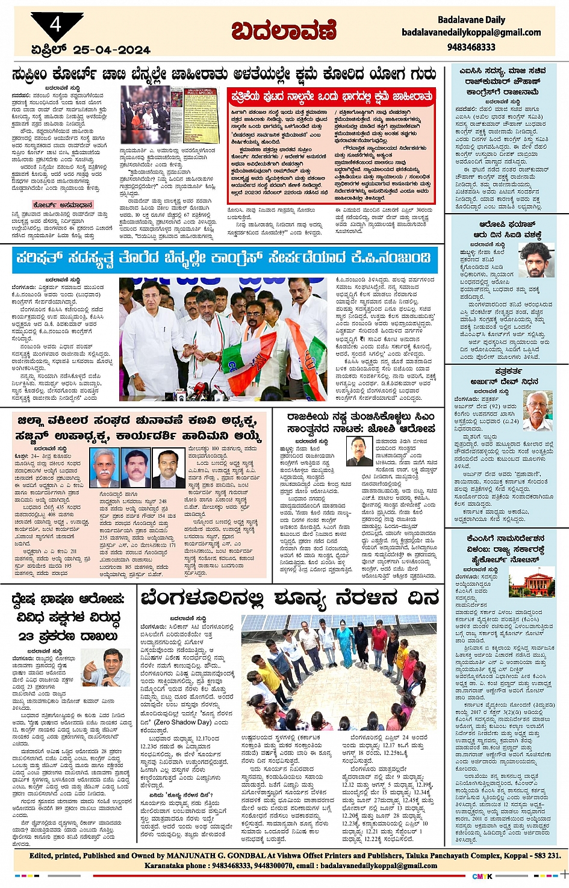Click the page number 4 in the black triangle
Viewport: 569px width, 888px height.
(56, 24)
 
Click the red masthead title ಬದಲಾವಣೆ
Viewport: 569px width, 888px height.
(284, 31)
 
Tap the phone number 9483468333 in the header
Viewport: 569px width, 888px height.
(471, 46)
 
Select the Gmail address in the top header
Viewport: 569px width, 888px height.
(471, 33)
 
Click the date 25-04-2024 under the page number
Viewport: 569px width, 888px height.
(111, 50)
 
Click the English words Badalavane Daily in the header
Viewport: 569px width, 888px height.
(471, 20)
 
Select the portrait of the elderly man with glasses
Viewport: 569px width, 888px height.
(537, 411)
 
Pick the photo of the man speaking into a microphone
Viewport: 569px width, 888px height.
(105, 668)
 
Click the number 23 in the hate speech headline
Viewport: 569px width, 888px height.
(25, 636)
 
